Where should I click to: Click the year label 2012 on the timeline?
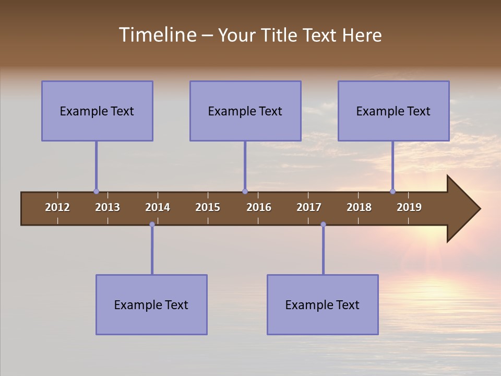pos(57,207)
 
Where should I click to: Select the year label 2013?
pos(108,207)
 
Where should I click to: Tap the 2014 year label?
pos(158,207)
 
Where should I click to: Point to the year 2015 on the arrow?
pos(208,207)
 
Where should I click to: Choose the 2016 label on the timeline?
pos(259,207)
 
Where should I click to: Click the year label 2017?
pos(309,207)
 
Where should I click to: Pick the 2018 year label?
pos(359,207)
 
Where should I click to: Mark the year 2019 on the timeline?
pos(409,207)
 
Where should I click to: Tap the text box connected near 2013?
pos(97,111)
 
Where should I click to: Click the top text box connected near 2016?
pos(245,111)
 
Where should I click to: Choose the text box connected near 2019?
pos(393,111)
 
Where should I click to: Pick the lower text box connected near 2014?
pos(151,304)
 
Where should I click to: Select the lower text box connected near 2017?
pos(323,304)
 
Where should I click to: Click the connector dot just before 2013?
pos(96,192)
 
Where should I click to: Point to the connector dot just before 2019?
pos(392,192)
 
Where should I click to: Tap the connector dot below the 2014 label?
pos(152,225)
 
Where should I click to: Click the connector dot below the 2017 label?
pos(323,225)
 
